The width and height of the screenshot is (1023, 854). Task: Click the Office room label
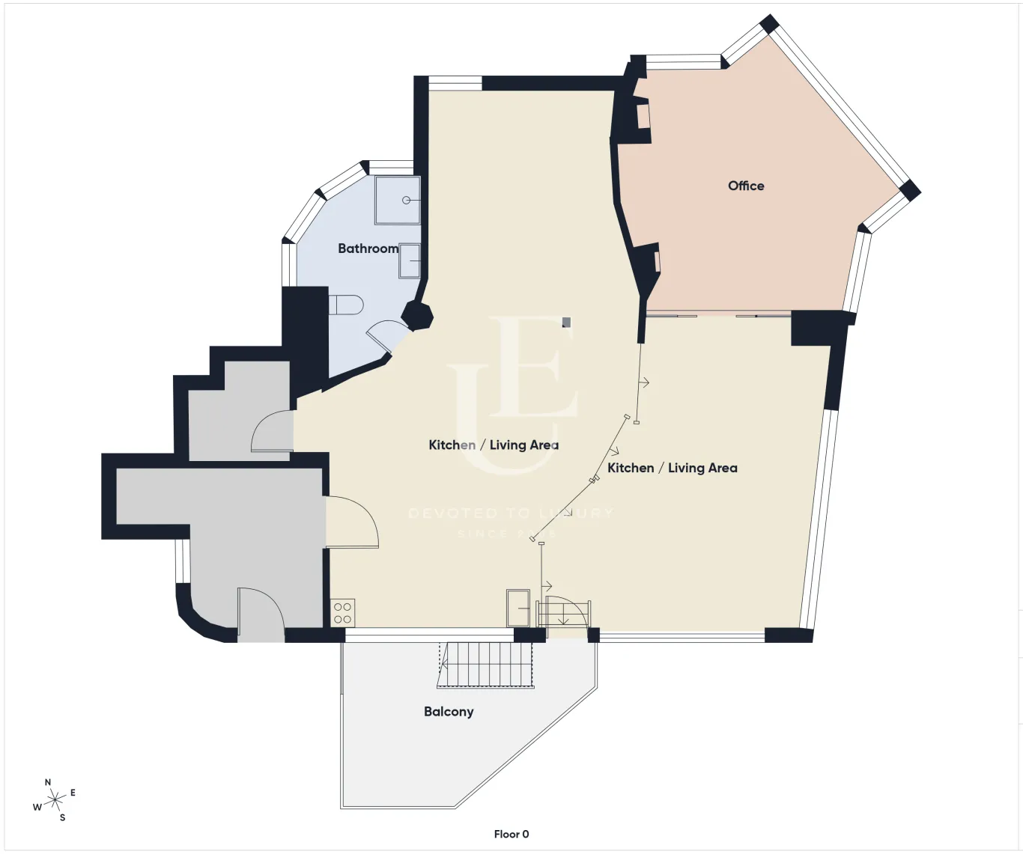(746, 186)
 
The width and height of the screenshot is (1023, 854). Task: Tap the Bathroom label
(368, 248)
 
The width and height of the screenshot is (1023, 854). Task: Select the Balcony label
(449, 712)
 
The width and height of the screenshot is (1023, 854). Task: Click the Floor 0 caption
(511, 834)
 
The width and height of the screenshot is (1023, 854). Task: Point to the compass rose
(55, 801)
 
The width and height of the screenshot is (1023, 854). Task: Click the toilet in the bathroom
(346, 305)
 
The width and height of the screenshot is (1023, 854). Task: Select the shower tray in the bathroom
(397, 200)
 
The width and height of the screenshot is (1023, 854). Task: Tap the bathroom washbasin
(410, 260)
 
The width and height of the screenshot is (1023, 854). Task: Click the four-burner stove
(342, 613)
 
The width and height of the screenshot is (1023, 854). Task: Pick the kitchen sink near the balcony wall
(518, 608)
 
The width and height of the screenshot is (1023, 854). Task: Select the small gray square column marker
(567, 323)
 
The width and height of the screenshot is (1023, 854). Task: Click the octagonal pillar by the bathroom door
(417, 314)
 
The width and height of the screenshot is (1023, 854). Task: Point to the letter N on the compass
(48, 782)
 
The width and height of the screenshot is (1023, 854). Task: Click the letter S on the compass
(62, 818)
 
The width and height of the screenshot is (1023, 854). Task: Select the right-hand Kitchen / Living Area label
(672, 468)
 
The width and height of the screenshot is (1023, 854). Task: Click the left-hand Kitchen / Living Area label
(494, 445)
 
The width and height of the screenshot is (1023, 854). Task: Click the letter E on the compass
(73, 793)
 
